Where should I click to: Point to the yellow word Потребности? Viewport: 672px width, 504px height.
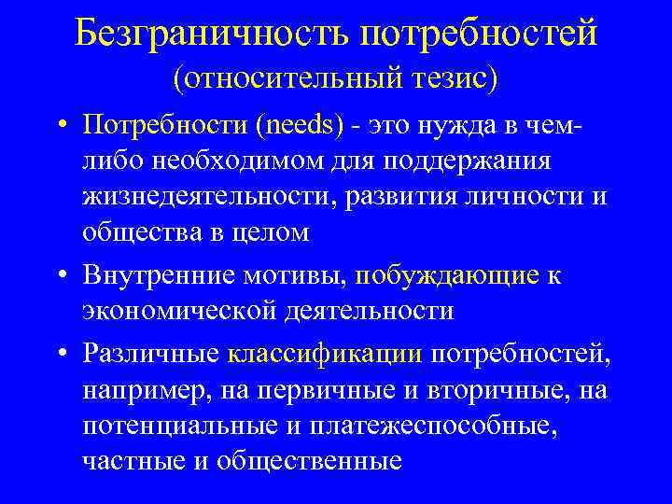click(161, 124)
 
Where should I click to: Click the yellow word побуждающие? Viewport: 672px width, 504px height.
click(447, 275)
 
